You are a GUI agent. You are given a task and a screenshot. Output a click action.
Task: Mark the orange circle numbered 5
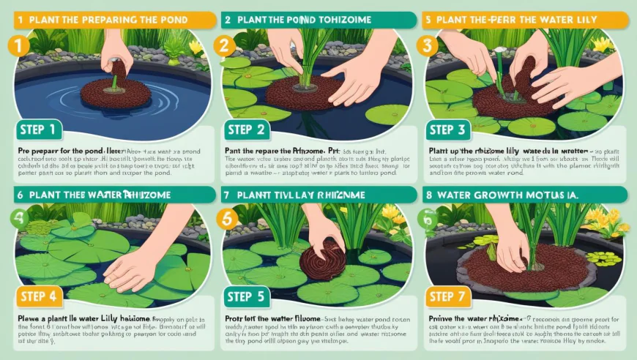pos(227,218)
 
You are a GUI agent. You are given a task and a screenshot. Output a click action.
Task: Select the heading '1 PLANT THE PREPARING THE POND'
pos(103,19)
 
